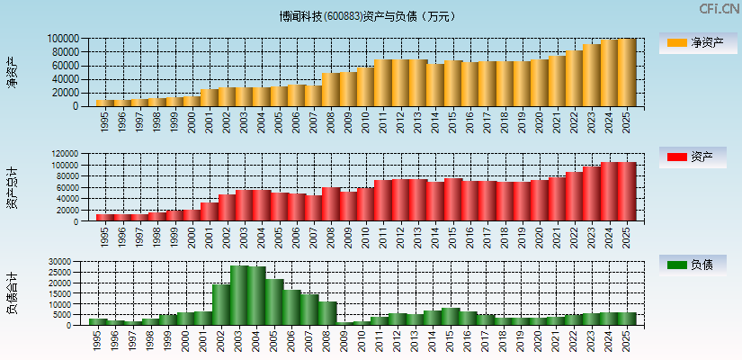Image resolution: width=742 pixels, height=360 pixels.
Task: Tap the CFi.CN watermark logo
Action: coord(719,9)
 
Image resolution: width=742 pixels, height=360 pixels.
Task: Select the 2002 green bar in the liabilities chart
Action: coord(221,304)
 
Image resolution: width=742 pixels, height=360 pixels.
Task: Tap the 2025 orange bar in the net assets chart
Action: coord(627,73)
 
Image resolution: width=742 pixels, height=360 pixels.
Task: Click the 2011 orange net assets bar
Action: coord(383,83)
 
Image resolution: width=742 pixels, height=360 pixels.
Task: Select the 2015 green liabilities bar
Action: coord(451,316)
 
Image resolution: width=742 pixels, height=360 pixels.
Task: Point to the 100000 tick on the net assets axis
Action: coord(66,39)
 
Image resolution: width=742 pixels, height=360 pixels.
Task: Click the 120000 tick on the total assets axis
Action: coord(66,154)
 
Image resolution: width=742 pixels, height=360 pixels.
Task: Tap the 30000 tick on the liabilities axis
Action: coord(70,261)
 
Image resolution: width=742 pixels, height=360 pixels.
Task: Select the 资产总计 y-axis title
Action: coord(12,187)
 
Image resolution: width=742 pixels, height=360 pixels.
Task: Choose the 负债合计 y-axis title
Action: coord(12,292)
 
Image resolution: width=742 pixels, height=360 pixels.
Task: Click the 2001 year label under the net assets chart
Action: coord(210,121)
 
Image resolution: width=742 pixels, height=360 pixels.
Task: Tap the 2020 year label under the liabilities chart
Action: coord(540,340)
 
